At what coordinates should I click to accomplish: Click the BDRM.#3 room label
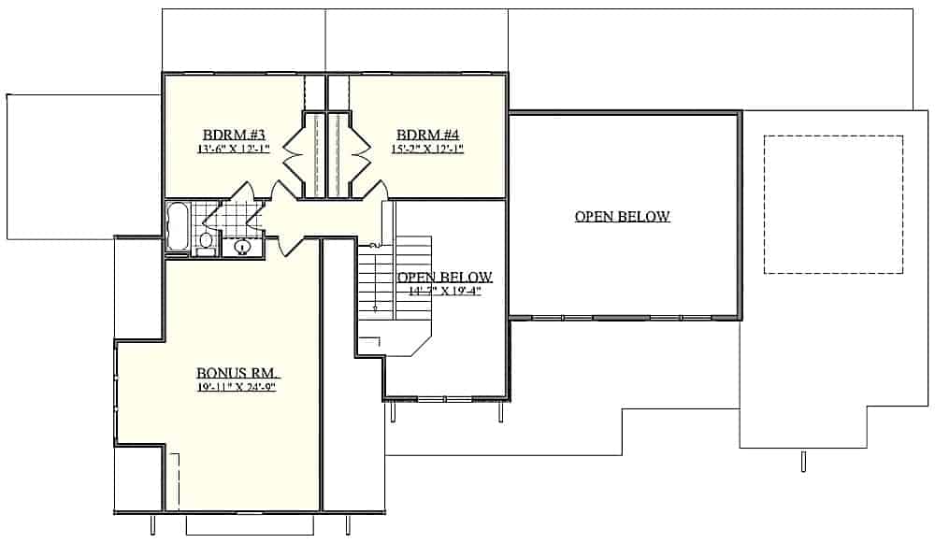pyautogui.click(x=234, y=134)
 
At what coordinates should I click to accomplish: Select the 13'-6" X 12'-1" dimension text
pyautogui.click(x=233, y=149)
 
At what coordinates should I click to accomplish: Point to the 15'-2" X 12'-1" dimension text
pyautogui.click(x=429, y=149)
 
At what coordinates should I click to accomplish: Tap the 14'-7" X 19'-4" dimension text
pyautogui.click(x=445, y=291)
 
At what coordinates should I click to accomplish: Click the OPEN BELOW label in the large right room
pyautogui.click(x=622, y=217)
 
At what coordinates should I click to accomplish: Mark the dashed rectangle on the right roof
pyautogui.click(x=833, y=205)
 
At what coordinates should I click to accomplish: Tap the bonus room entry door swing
pyautogui.click(x=291, y=243)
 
